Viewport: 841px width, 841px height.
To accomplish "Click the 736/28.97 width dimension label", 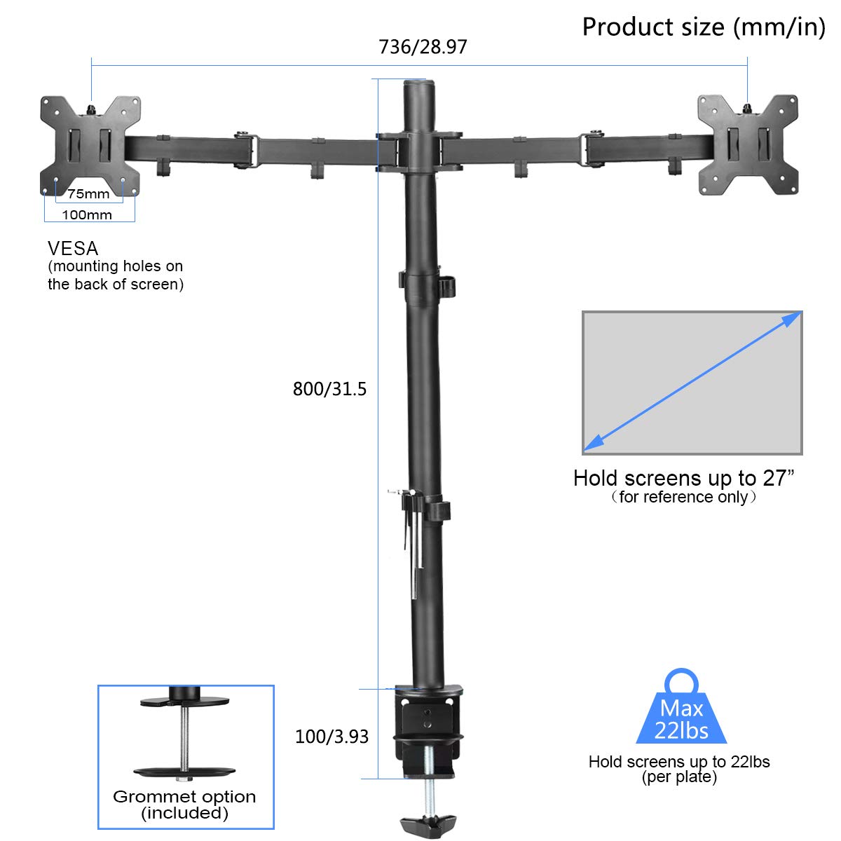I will tap(423, 47).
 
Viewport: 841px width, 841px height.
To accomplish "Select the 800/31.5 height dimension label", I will tap(329, 389).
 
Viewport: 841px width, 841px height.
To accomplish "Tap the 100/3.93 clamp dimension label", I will tap(331, 737).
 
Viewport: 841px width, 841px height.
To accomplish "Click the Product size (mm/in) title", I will tap(704, 27).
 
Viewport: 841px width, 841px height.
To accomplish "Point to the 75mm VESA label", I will tap(88, 194).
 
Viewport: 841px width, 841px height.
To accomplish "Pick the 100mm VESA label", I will tap(87, 215).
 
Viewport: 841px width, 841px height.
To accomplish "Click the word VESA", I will tap(73, 248).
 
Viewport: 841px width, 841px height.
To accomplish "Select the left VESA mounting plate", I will tap(90, 145).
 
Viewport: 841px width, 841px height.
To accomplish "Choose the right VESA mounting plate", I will tap(747, 145).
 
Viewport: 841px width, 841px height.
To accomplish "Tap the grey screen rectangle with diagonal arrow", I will tap(692, 383).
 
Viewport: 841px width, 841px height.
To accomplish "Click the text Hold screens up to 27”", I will tap(683, 478).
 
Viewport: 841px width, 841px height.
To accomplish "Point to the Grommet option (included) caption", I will tap(184, 805).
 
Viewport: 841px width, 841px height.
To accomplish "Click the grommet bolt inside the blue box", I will tap(185, 736).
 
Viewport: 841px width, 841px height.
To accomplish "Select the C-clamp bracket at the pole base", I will tap(428, 729).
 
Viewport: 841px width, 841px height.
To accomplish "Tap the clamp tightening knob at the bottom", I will tap(428, 823).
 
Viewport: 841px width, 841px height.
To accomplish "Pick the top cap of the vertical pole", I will tap(418, 86).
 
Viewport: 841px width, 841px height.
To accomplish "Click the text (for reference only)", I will tap(683, 497).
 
